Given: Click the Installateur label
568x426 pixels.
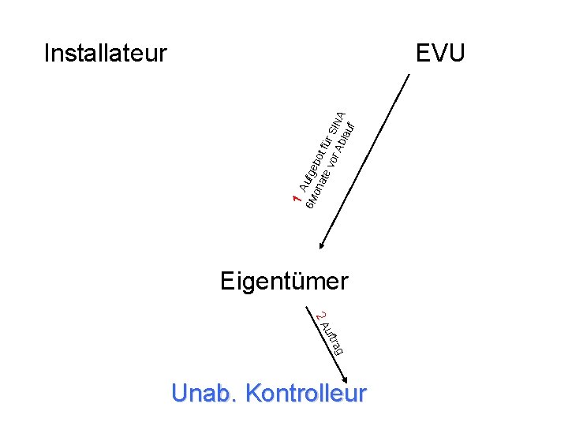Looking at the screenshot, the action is tap(106, 54).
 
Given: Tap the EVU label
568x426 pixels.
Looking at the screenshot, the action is tap(441, 54).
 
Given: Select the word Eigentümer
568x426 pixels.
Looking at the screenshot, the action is tap(284, 281).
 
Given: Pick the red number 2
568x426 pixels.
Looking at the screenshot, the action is tap(319, 316).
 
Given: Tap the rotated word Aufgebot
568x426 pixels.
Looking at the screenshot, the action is tap(311, 168).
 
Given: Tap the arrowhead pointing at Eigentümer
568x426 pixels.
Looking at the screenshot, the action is tap(319, 247).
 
